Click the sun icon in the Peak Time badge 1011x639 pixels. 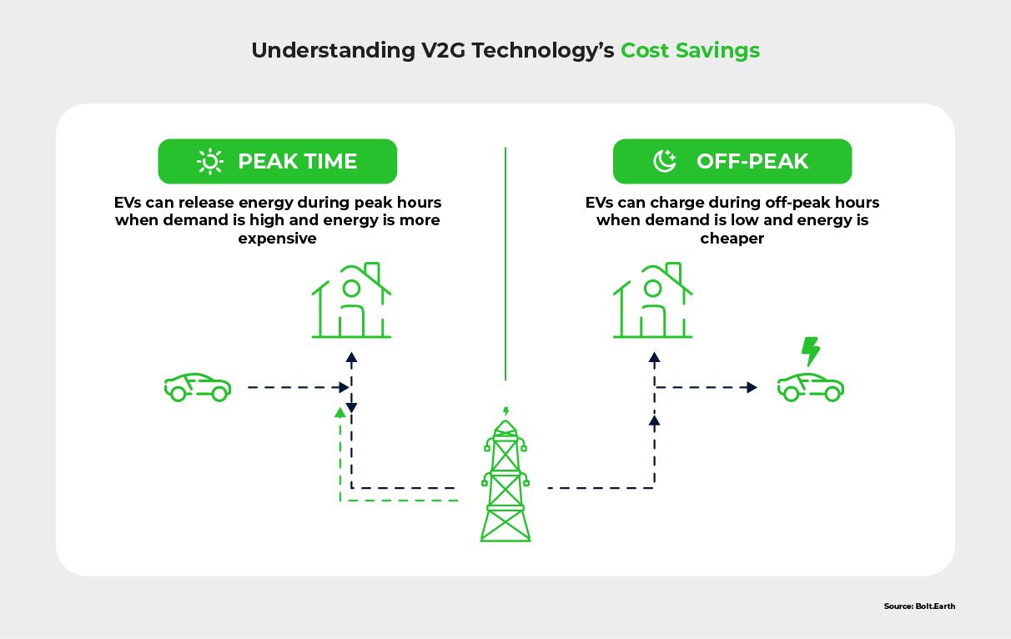[x=209, y=161]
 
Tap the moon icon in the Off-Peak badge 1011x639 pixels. [x=665, y=161]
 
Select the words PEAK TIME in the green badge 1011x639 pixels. [x=297, y=161]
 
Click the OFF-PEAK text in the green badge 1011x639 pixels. [x=752, y=161]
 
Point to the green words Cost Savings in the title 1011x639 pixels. [x=690, y=51]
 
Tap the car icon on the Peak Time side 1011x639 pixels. [x=198, y=387]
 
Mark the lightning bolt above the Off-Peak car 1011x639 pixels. [x=810, y=351]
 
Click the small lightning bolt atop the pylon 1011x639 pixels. [x=505, y=411]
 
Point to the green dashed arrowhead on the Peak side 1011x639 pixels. [x=340, y=411]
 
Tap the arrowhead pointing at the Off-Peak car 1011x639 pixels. [x=752, y=387]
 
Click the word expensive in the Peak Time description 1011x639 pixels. [x=278, y=239]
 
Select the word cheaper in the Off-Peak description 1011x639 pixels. [x=732, y=239]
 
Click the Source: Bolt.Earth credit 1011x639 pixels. [x=918, y=606]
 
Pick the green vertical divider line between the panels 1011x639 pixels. [x=505, y=263]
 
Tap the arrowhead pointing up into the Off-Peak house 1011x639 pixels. [x=654, y=357]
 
